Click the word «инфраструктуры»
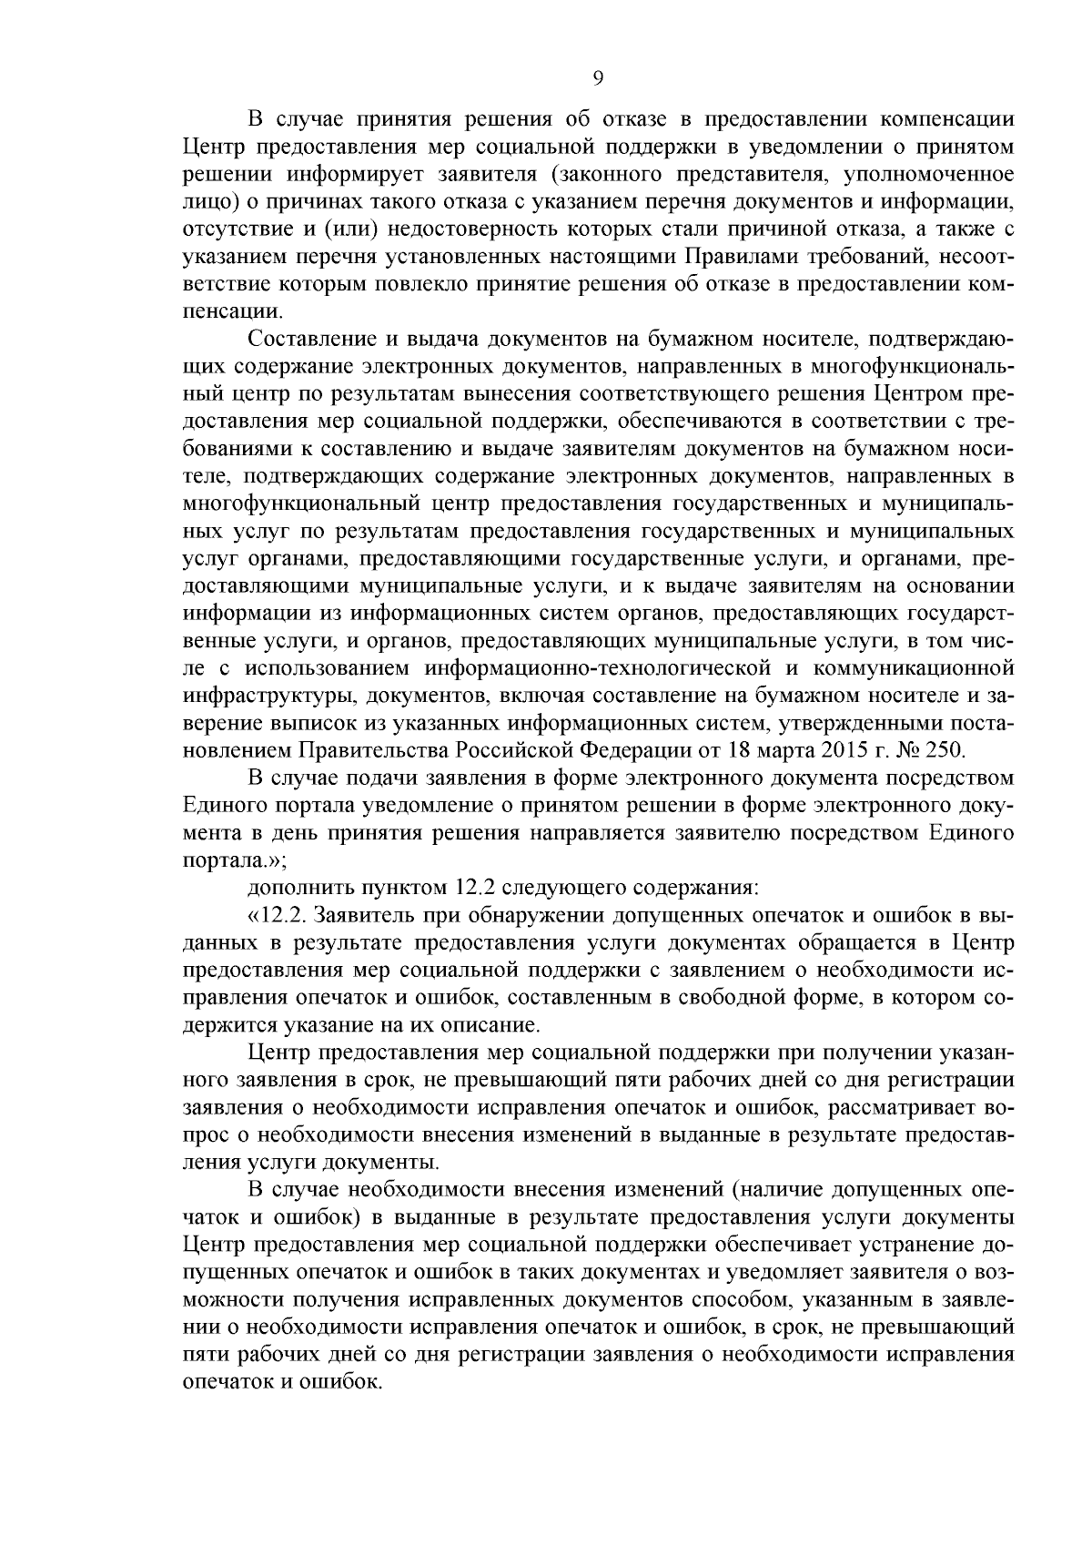click(x=261, y=696)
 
